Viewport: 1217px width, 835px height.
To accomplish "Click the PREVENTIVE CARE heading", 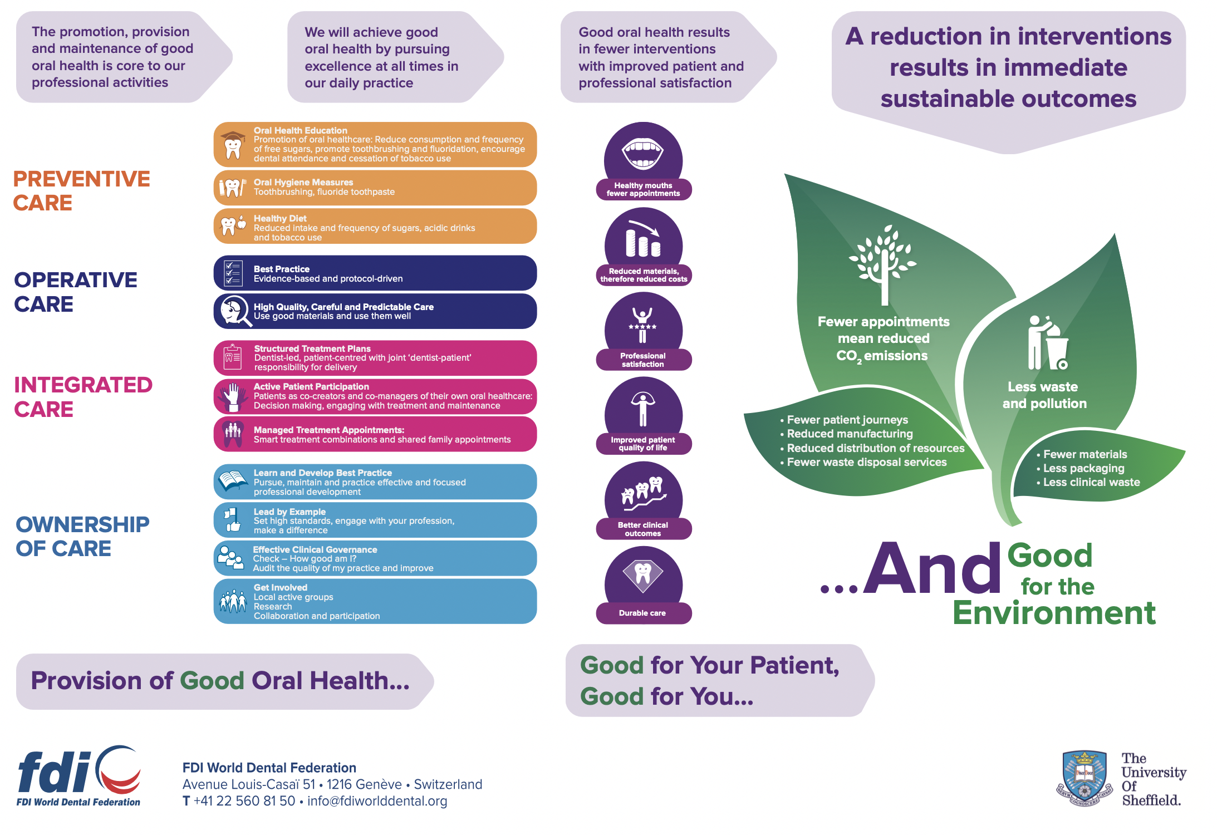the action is [81, 191].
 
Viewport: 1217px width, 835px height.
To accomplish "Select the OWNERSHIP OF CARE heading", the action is [82, 536].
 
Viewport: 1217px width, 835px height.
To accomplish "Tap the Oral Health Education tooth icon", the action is [233, 145].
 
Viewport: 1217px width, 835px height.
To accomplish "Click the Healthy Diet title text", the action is [280, 218].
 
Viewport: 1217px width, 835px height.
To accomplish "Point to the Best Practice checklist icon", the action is [233, 273].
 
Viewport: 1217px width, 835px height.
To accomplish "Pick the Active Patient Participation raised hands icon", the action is [233, 396].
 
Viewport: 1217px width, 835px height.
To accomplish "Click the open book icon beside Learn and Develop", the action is [233, 480].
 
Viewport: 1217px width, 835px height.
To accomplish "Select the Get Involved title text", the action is [281, 587].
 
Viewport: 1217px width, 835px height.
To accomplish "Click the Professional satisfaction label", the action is [643, 360].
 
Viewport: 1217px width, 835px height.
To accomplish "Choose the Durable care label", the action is [643, 613].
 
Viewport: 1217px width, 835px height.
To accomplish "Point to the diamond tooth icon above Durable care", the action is [642, 575].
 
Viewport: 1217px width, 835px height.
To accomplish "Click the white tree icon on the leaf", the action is [884, 264].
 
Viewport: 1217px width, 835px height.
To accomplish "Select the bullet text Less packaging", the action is [1083, 468].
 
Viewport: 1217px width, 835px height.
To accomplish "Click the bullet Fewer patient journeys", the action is [844, 420].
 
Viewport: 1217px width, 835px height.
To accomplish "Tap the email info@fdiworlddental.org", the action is [377, 801].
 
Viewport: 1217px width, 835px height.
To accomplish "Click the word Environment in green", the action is [1054, 613].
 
